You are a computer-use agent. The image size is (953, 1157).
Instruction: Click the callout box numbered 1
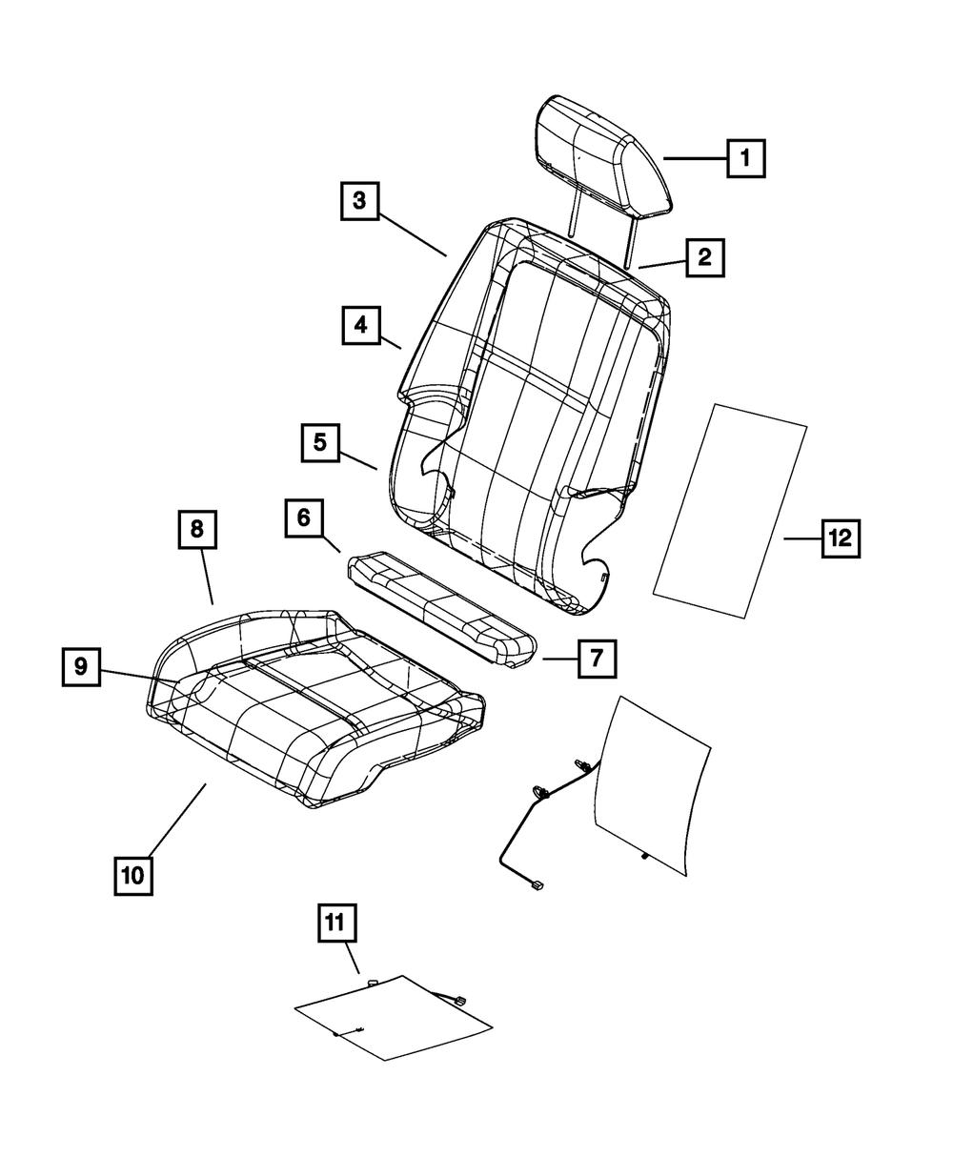pos(746,158)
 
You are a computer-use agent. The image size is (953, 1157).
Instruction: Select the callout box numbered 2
pos(703,256)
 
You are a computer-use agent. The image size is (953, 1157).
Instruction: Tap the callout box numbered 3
pos(359,201)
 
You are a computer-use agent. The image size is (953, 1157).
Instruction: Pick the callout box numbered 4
pos(360,325)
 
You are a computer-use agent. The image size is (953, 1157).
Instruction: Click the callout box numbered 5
pos(320,443)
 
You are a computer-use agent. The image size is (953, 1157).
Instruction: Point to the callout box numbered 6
pos(303,518)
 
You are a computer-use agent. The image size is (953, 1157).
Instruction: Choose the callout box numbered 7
pos(596,658)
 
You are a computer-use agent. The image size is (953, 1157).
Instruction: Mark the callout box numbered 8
pos(197,530)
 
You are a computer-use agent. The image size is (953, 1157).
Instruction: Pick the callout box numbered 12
pos(840,538)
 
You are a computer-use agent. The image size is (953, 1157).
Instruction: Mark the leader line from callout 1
pos(696,158)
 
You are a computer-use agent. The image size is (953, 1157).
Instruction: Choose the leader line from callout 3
pos(414,229)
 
